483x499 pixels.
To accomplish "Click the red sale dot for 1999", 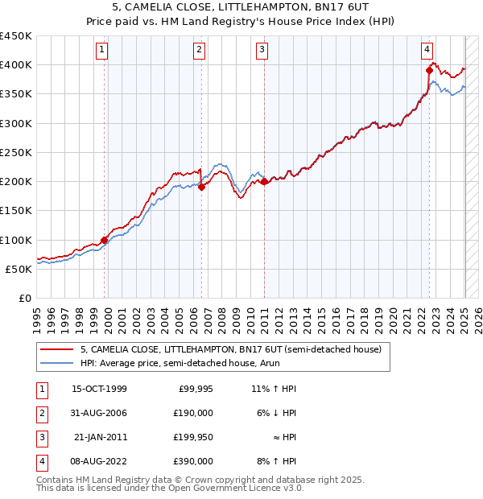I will pyautogui.click(x=105, y=240).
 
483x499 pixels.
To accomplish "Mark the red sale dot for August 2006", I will pyautogui.click(x=202, y=187).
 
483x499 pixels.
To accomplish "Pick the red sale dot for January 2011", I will pyautogui.click(x=264, y=181).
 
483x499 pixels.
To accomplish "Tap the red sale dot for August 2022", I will pyautogui.click(x=429, y=70).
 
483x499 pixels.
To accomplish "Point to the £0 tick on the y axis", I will pyautogui.click(x=24, y=298).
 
